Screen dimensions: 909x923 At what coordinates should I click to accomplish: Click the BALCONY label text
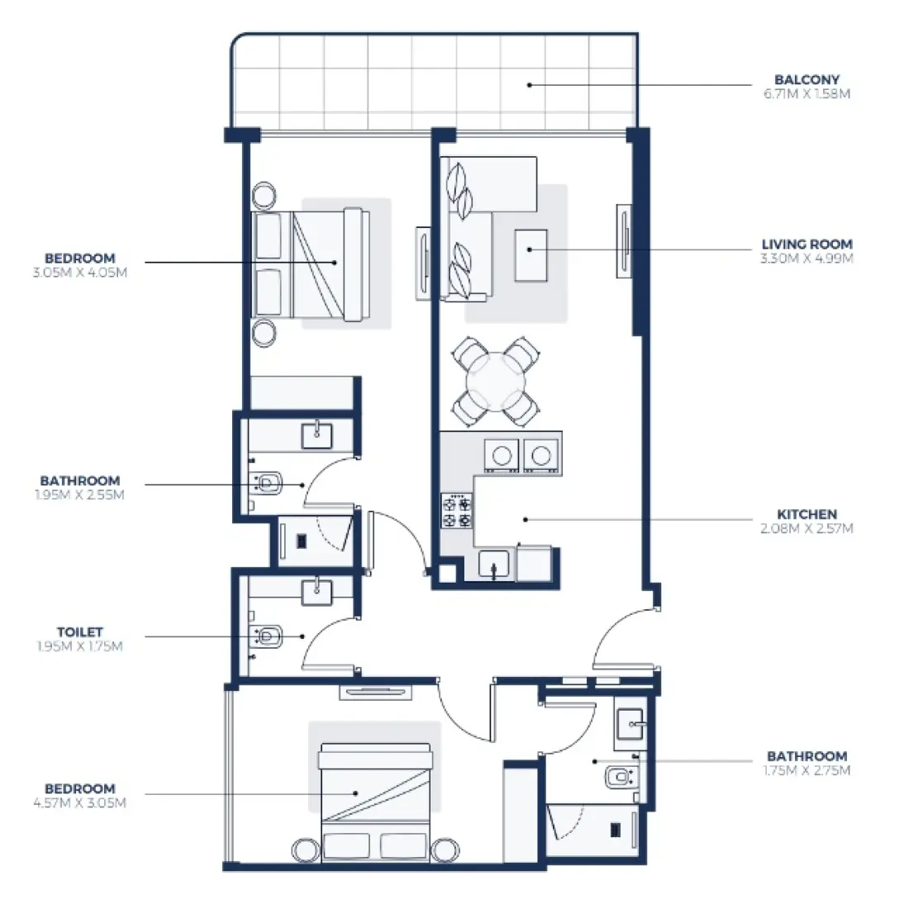coord(806,80)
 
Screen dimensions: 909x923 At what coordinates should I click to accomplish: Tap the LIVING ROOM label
coord(806,245)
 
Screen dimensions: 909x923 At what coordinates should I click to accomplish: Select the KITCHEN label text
coord(806,514)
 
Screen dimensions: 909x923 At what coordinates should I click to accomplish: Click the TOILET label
coord(80,632)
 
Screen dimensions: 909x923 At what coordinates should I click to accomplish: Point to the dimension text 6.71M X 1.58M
coord(806,94)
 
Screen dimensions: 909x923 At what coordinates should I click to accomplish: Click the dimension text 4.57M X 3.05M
coord(80,802)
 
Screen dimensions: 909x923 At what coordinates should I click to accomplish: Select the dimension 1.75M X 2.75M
coord(806,770)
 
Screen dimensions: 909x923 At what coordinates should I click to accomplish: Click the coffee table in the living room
coord(530,255)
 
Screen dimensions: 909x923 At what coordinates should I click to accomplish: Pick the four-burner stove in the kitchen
coord(457,512)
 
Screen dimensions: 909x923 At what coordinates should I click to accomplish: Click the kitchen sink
coord(494,565)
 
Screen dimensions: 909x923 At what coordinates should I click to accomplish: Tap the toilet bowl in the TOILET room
coord(268,636)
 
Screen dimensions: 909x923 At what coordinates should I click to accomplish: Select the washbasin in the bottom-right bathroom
coord(631,725)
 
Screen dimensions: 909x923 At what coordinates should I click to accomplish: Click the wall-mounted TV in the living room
coord(624,241)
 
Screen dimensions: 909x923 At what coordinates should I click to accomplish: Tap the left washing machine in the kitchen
coord(502,454)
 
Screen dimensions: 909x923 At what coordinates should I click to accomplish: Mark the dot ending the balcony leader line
coord(530,84)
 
